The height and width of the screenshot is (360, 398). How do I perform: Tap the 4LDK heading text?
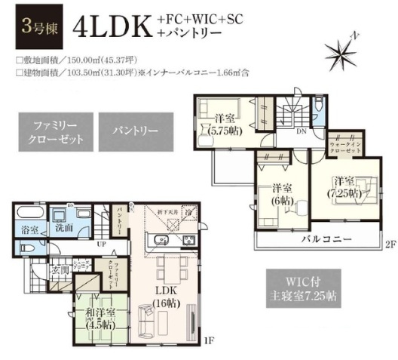point(112,29)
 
